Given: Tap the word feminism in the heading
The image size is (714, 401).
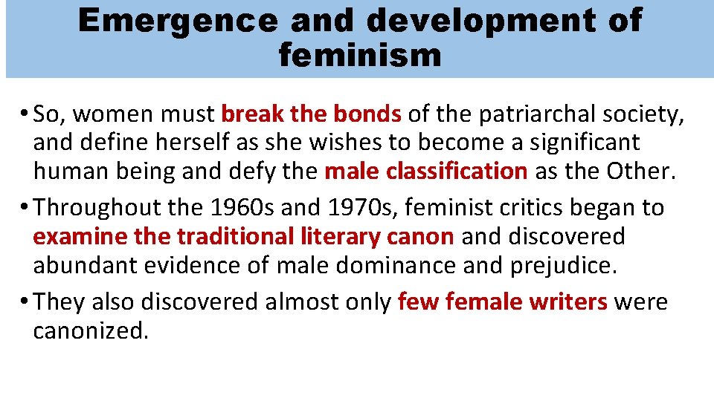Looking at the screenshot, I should (x=360, y=54).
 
